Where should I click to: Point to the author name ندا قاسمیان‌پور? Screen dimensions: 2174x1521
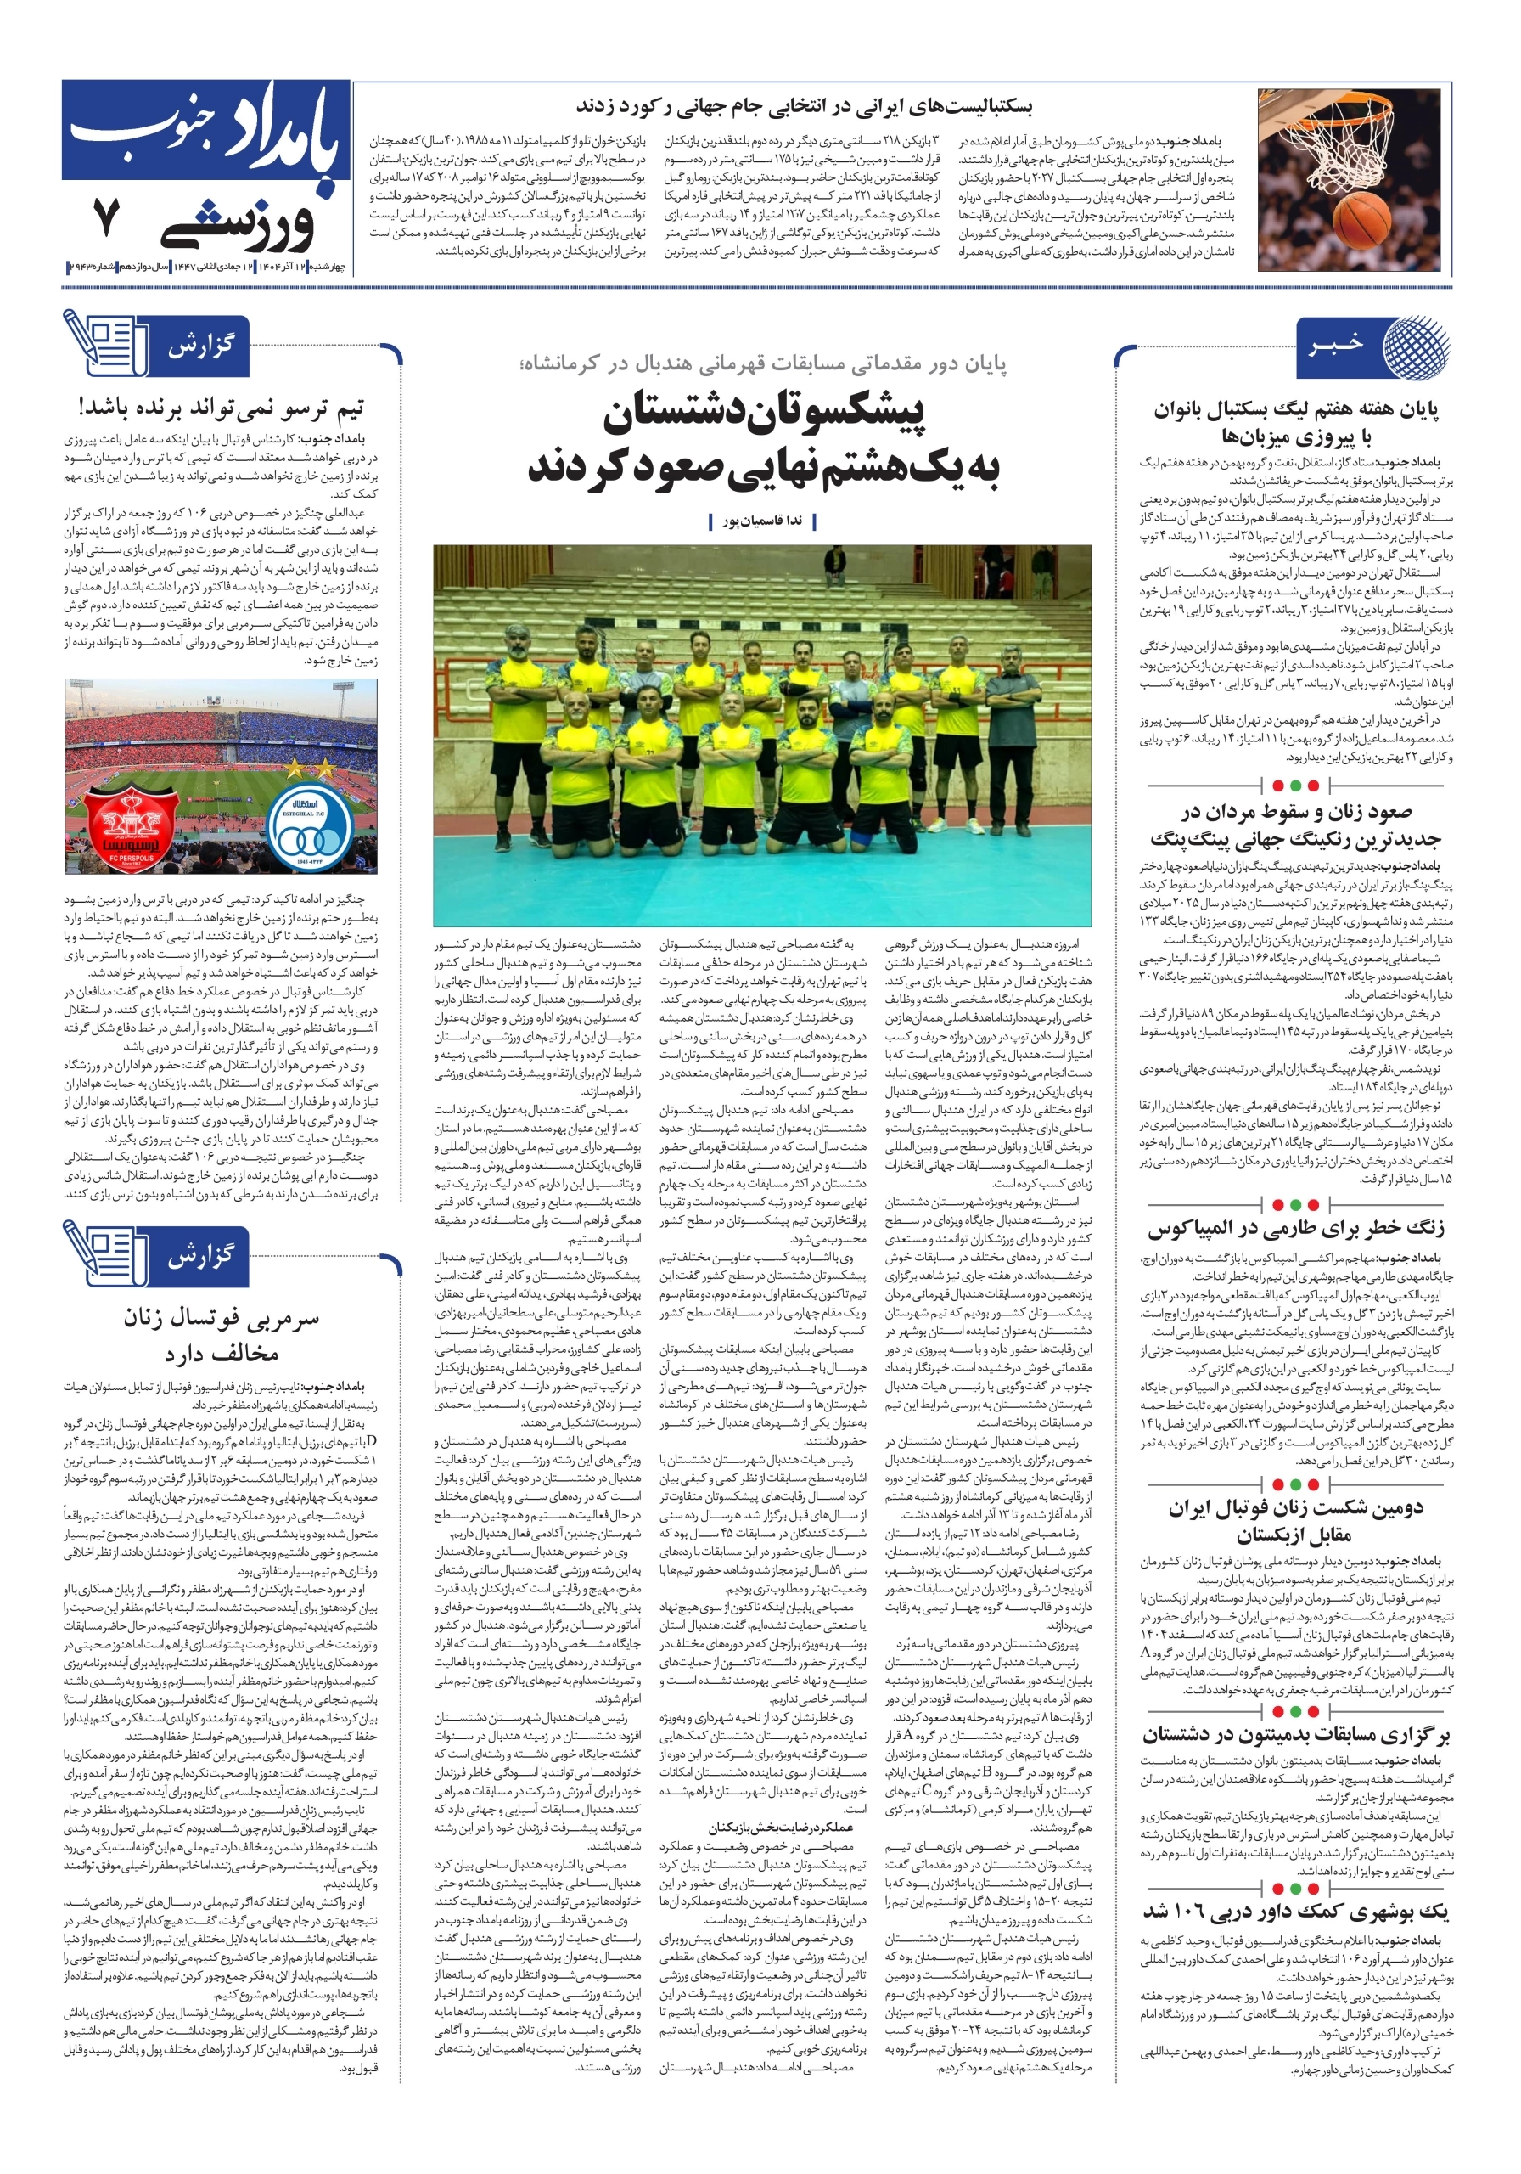coord(762,521)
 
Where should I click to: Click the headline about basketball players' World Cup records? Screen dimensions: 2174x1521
coord(804,107)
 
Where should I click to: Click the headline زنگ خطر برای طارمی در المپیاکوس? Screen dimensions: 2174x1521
coord(1296,1228)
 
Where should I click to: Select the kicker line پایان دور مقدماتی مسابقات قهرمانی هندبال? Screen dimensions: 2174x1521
coord(762,363)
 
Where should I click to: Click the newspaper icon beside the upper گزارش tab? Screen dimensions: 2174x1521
coord(101,344)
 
